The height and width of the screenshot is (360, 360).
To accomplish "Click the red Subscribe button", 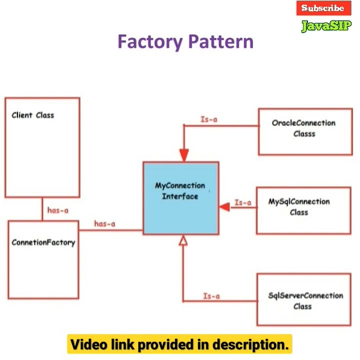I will pyautogui.click(x=323, y=8).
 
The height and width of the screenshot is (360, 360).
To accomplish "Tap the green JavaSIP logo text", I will pyautogui.click(x=326, y=25).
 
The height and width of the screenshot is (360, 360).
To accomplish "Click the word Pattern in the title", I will pyautogui.click(x=220, y=41).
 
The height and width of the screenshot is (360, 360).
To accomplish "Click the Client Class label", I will pyautogui.click(x=33, y=115).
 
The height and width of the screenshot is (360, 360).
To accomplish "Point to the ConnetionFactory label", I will pyautogui.click(x=43, y=242).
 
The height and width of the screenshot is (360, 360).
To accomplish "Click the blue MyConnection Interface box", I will pyautogui.click(x=180, y=198).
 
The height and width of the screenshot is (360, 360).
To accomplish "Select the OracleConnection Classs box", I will pyautogui.click(x=304, y=131).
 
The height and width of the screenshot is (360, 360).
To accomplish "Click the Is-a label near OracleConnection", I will pyautogui.click(x=208, y=119).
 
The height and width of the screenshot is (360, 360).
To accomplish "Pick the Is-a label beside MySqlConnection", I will pyautogui.click(x=243, y=202).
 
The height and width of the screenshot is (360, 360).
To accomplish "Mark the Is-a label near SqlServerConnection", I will pyautogui.click(x=211, y=296).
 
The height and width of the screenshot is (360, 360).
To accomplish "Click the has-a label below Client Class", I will pyautogui.click(x=58, y=210).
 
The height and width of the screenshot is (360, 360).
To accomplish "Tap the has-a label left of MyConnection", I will pyautogui.click(x=104, y=224).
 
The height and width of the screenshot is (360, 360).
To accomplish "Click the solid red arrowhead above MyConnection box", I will pyautogui.click(x=184, y=155).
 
